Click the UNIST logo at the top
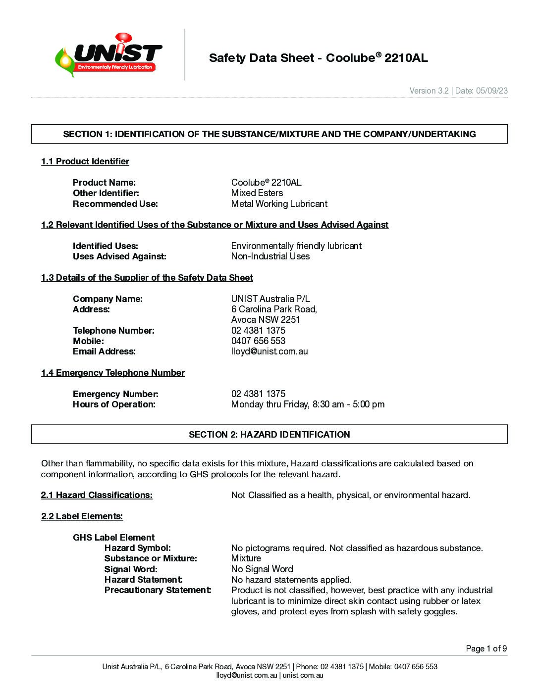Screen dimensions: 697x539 pyautogui.click(x=108, y=55)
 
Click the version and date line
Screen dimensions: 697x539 pyautogui.click(x=458, y=91)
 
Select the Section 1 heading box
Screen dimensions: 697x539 pyautogui.click(x=269, y=134)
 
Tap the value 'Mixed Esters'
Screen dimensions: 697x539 pyautogui.click(x=257, y=193)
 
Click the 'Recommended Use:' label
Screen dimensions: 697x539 pyautogui.click(x=115, y=204)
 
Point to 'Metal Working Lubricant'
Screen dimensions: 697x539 pyautogui.click(x=279, y=204)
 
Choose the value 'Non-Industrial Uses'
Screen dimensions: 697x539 pyautogui.click(x=270, y=256)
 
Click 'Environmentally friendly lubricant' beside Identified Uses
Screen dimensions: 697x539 pyautogui.click(x=296, y=246)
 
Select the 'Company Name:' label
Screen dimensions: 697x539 pyautogui.click(x=108, y=299)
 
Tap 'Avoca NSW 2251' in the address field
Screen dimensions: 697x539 pyautogui.click(x=266, y=320)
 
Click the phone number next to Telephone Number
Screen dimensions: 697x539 pyautogui.click(x=258, y=331)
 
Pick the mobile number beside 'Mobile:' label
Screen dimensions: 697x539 pyautogui.click(x=258, y=341)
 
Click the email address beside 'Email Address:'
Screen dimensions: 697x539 pyautogui.click(x=269, y=351)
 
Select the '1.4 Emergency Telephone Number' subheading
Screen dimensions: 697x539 pyautogui.click(x=113, y=373)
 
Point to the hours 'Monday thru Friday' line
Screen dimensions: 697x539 pyautogui.click(x=308, y=404)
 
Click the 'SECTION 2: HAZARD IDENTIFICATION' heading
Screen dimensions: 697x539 pyautogui.click(x=269, y=435)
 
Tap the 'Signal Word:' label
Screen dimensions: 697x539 pyautogui.click(x=131, y=569)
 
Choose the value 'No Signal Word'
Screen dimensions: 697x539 pyautogui.click(x=262, y=569)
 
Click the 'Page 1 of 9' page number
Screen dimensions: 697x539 pyautogui.click(x=486, y=648)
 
